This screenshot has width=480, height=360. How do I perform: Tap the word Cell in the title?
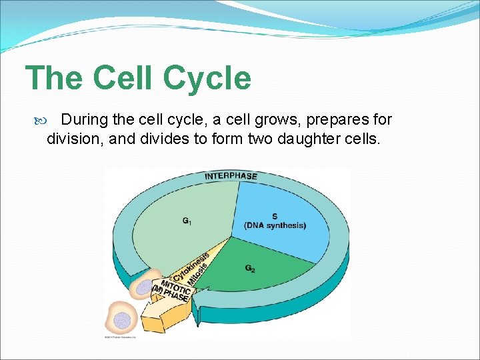[122, 79]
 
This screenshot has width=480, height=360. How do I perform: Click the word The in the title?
[54, 79]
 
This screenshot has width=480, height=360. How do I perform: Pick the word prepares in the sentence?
[330, 120]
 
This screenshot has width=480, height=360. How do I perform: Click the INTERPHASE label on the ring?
[231, 176]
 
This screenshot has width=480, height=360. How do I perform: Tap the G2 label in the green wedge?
[249, 269]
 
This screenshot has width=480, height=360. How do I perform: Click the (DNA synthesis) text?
[275, 225]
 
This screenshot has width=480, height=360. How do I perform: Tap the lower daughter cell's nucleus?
[121, 320]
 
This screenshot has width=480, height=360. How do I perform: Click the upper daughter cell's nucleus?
[143, 288]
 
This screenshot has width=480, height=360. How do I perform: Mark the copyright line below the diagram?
[121, 337]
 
